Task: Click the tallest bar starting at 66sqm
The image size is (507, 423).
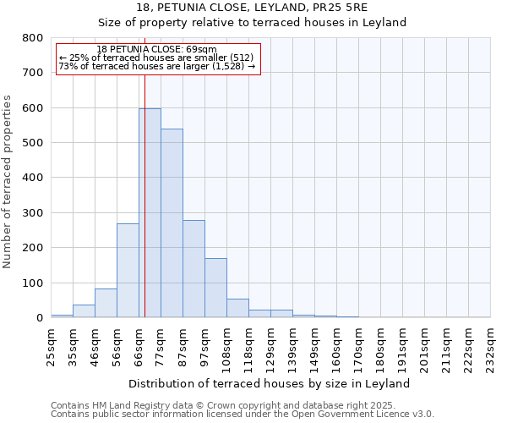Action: click(x=150, y=213)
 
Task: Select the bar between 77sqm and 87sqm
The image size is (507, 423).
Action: click(x=172, y=223)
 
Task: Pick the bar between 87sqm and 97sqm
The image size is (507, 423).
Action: click(x=194, y=269)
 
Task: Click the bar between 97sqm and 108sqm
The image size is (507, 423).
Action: click(x=215, y=288)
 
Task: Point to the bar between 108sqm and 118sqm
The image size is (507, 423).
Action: click(x=237, y=308)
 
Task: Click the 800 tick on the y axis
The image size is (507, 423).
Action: click(x=33, y=38)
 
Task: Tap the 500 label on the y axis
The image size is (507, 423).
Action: click(x=33, y=143)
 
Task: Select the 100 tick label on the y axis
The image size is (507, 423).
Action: click(x=33, y=283)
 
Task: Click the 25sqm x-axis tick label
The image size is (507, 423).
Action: click(x=51, y=345)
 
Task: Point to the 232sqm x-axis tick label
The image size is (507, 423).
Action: click(x=490, y=345)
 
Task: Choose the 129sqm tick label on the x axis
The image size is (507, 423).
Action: click(x=270, y=345)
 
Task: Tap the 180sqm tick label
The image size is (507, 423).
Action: click(x=380, y=345)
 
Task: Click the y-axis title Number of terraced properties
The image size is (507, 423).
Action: click(x=8, y=181)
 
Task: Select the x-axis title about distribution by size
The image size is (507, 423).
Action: click(x=270, y=383)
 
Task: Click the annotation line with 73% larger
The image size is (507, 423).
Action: click(x=157, y=66)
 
